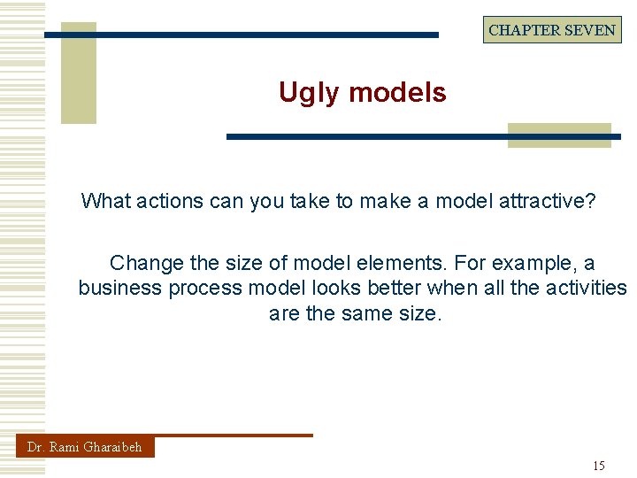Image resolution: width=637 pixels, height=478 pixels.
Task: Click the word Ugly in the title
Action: [306, 93]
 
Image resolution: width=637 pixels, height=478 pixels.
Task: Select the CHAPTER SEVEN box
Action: [552, 30]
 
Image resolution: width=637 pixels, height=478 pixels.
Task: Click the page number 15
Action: [599, 466]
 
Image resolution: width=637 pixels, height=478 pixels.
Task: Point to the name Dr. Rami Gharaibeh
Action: [85, 447]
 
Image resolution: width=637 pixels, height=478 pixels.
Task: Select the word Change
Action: [146, 263]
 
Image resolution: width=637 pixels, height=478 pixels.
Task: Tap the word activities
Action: [581, 288]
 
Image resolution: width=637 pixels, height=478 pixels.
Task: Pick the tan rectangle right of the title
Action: [559, 134]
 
